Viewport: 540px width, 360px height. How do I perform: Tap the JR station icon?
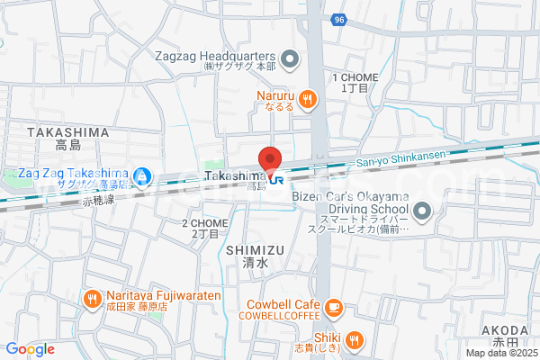[x=278, y=179]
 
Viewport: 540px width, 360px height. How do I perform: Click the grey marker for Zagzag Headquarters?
[x=290, y=61]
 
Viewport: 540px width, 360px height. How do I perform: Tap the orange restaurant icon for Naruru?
[x=308, y=99]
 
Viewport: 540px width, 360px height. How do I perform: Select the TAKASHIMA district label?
[x=67, y=132]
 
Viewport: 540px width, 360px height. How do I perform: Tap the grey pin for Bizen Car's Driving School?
[x=425, y=212]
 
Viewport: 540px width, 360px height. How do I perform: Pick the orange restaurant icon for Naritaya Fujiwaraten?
[x=93, y=299]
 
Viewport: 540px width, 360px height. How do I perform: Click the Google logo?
[x=31, y=349]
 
